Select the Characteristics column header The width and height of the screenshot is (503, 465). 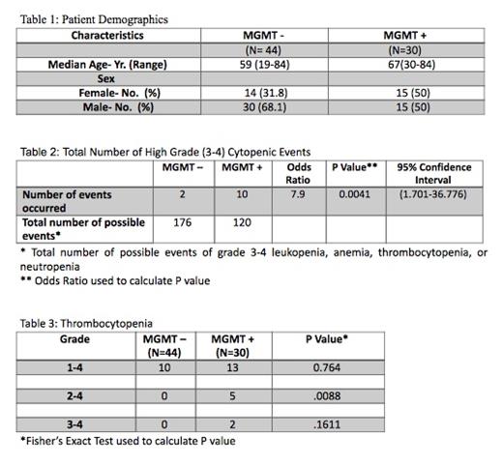pyautogui.click(x=107, y=35)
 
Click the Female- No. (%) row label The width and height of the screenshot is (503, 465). pyautogui.click(x=118, y=94)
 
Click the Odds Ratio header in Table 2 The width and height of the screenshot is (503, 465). pyautogui.click(x=299, y=173)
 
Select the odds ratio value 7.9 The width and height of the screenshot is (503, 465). pyautogui.click(x=299, y=194)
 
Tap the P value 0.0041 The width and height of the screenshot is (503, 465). pyautogui.click(x=350, y=194)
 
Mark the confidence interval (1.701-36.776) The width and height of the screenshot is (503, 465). pyautogui.click(x=432, y=194)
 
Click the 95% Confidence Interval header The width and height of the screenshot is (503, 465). pyautogui.click(x=432, y=173)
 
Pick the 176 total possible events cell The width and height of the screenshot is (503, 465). pyautogui.click(x=181, y=222)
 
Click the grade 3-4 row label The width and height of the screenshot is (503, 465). pyautogui.click(x=74, y=423)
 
